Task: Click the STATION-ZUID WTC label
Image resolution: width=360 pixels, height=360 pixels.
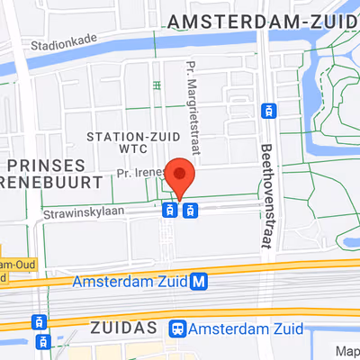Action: point(129,142)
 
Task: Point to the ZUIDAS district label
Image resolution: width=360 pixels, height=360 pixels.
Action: point(126,328)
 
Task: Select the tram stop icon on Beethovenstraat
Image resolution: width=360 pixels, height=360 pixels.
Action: point(267,111)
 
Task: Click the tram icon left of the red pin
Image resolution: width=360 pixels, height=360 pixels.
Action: point(168,211)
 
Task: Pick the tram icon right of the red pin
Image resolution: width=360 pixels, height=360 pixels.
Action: point(190,211)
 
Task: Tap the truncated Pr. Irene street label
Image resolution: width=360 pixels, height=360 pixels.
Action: point(138,172)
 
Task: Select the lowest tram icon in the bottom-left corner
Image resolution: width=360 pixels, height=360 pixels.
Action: point(40,342)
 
